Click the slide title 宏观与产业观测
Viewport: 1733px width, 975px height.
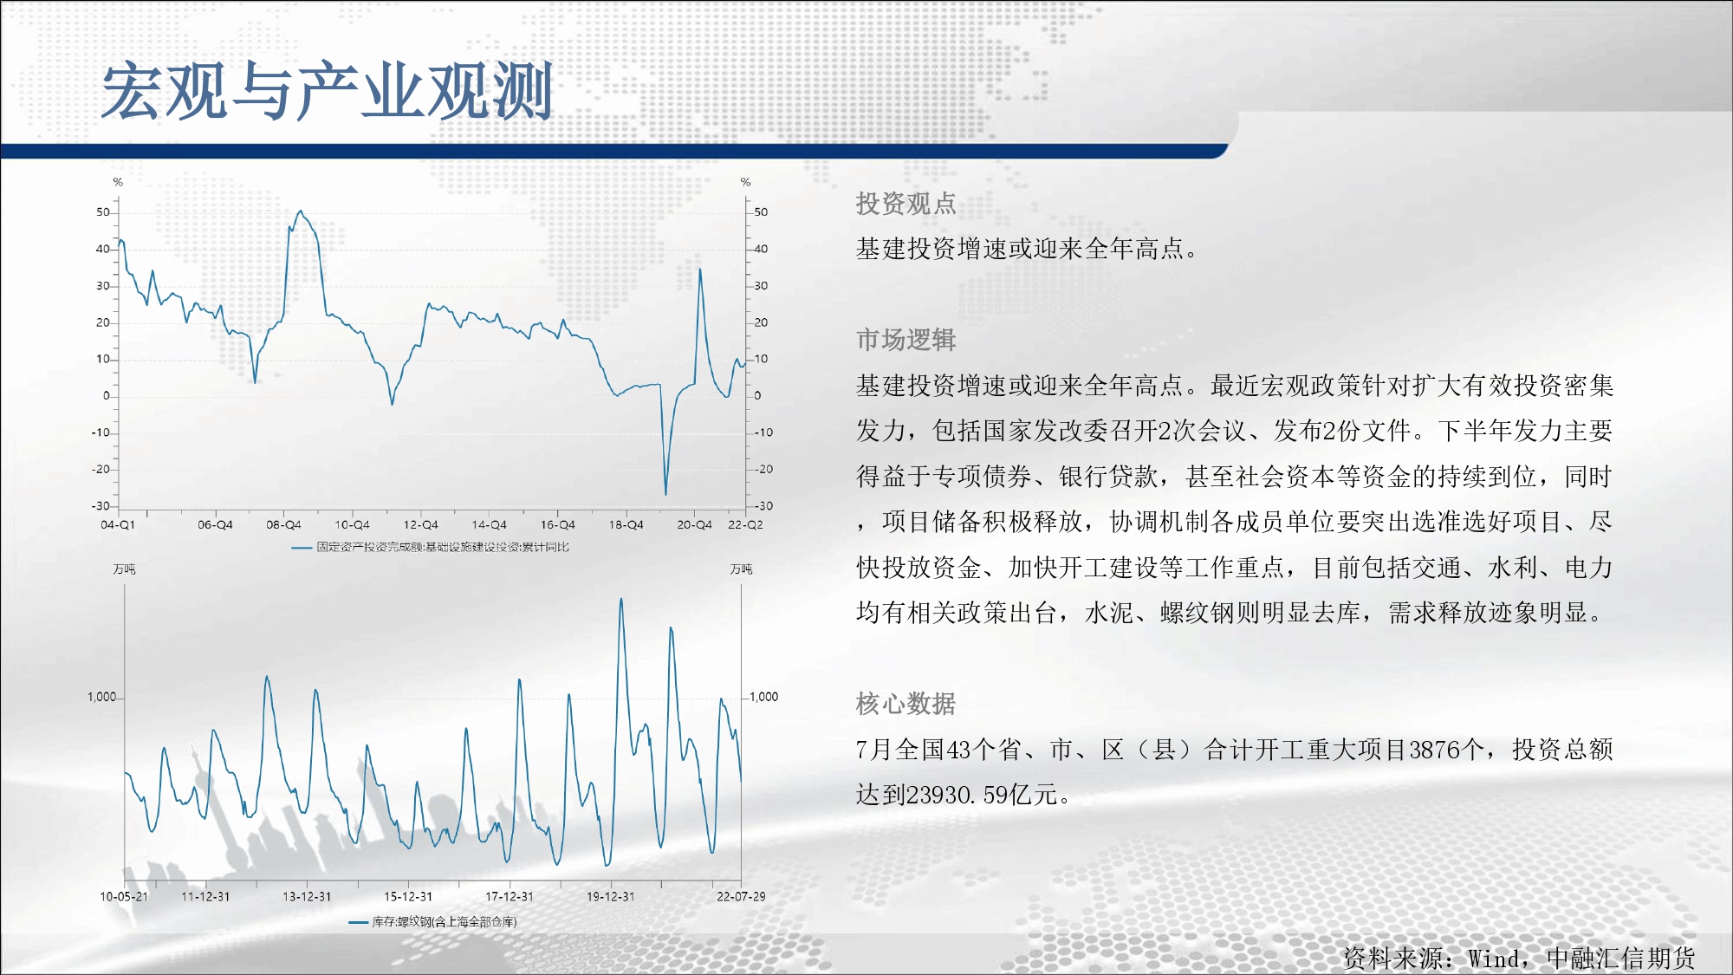(328, 91)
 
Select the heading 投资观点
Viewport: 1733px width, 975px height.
(905, 204)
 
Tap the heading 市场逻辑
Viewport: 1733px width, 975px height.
(905, 340)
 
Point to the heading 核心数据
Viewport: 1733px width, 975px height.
(905, 704)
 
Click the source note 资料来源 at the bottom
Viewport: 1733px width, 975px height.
(1394, 959)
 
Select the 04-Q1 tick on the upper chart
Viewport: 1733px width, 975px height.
(118, 525)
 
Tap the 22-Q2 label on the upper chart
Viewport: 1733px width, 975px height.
(745, 525)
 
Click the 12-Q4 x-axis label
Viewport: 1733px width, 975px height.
(420, 525)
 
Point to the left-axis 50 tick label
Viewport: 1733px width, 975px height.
(103, 212)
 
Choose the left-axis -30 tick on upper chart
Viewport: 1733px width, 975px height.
(101, 506)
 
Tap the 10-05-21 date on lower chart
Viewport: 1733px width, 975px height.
(124, 897)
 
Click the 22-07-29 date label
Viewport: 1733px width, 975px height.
(741, 897)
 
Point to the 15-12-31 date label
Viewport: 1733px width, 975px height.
(408, 897)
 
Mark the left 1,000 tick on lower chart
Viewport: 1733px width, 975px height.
(101, 698)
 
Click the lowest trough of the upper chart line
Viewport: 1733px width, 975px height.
(665, 494)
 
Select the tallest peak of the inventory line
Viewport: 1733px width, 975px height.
(621, 599)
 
